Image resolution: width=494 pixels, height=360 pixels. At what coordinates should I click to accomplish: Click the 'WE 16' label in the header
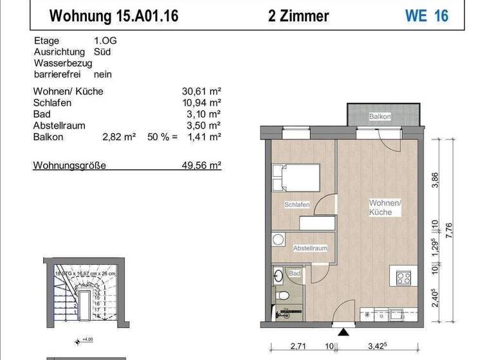(x=426, y=15)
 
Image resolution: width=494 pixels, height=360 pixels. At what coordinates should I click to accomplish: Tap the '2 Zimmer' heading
(x=298, y=15)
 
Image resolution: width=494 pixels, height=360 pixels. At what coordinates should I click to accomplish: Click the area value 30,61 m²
(x=201, y=91)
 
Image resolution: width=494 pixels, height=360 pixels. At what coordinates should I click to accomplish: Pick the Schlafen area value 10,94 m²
(x=201, y=103)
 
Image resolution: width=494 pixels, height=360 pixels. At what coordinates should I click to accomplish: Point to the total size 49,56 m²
(x=201, y=165)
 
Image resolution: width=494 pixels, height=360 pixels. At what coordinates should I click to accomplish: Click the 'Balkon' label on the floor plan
(x=380, y=117)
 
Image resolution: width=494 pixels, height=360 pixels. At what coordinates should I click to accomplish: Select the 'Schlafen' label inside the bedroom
(x=297, y=205)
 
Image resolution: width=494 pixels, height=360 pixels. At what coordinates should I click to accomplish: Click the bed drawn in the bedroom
(x=296, y=177)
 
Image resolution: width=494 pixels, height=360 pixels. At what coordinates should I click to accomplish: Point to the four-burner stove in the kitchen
(x=404, y=278)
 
